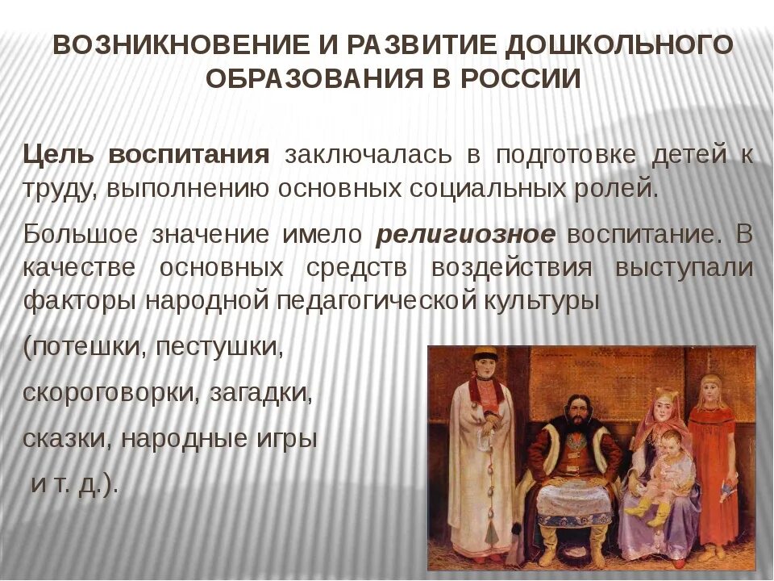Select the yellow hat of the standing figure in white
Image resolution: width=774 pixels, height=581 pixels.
coord(484,355)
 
